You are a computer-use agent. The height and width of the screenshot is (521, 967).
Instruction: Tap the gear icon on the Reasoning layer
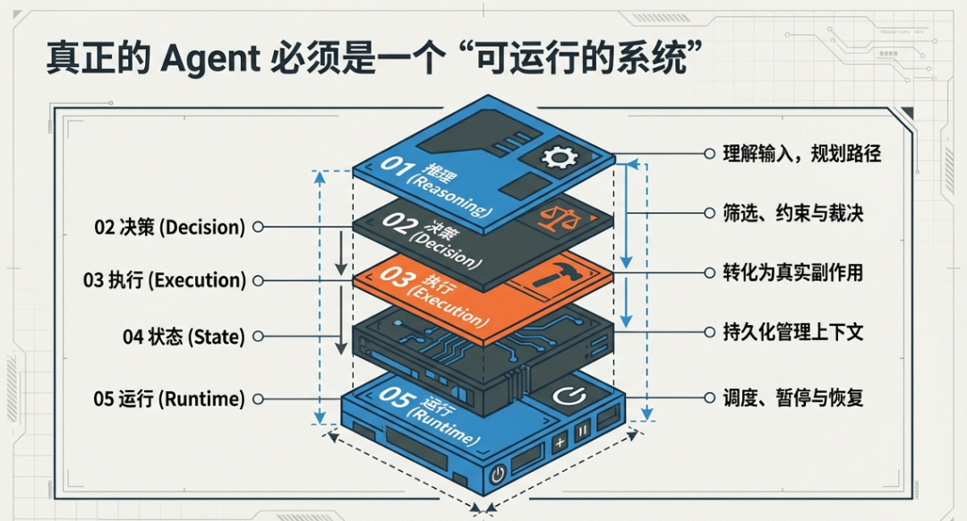pos(561,158)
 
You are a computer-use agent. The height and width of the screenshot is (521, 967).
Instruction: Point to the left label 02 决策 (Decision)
pos(169,227)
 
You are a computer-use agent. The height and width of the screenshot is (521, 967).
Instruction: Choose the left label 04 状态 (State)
pos(183,337)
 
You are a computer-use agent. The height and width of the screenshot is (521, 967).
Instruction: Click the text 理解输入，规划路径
pos(802,154)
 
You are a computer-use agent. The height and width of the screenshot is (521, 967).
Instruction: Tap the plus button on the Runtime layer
pos(560,442)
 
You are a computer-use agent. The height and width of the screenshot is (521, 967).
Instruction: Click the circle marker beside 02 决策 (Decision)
pos(258,227)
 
